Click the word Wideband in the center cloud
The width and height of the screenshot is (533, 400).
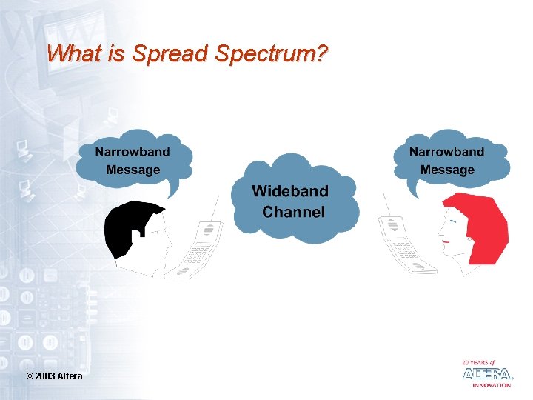pyautogui.click(x=290, y=191)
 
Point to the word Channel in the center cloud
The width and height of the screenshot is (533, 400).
pyautogui.click(x=293, y=213)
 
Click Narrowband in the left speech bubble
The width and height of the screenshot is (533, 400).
pyautogui.click(x=133, y=152)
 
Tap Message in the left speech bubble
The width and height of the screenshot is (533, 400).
pyautogui.click(x=133, y=170)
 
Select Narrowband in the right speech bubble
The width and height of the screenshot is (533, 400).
pyautogui.click(x=446, y=152)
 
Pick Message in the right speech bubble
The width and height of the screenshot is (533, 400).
pyautogui.click(x=447, y=170)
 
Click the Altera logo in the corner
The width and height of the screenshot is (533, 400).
pyautogui.click(x=486, y=373)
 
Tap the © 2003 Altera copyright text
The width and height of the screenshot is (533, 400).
pyautogui.click(x=54, y=377)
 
